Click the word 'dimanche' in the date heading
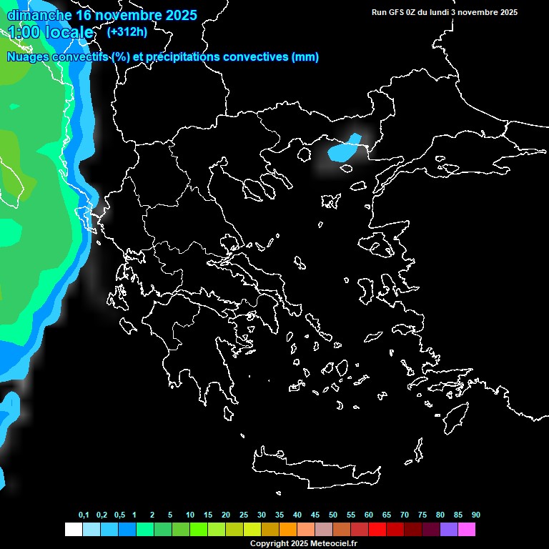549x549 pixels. tap(39, 15)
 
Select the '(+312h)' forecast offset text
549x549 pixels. tap(127, 32)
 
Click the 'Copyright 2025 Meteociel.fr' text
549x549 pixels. tap(303, 543)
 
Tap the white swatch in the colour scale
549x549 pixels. tap(73, 530)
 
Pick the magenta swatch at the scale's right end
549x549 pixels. tap(467, 530)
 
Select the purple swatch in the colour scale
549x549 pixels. tap(449, 530)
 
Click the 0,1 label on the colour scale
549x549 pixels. tap(84, 515)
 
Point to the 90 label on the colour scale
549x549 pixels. tap(475, 515)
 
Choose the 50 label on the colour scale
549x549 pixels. tap(333, 515)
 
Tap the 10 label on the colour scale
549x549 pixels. tap(190, 515)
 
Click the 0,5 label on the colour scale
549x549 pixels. tap(119, 515)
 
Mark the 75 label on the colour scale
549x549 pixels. tap(422, 515)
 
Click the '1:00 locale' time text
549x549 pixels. tap(51, 32)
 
